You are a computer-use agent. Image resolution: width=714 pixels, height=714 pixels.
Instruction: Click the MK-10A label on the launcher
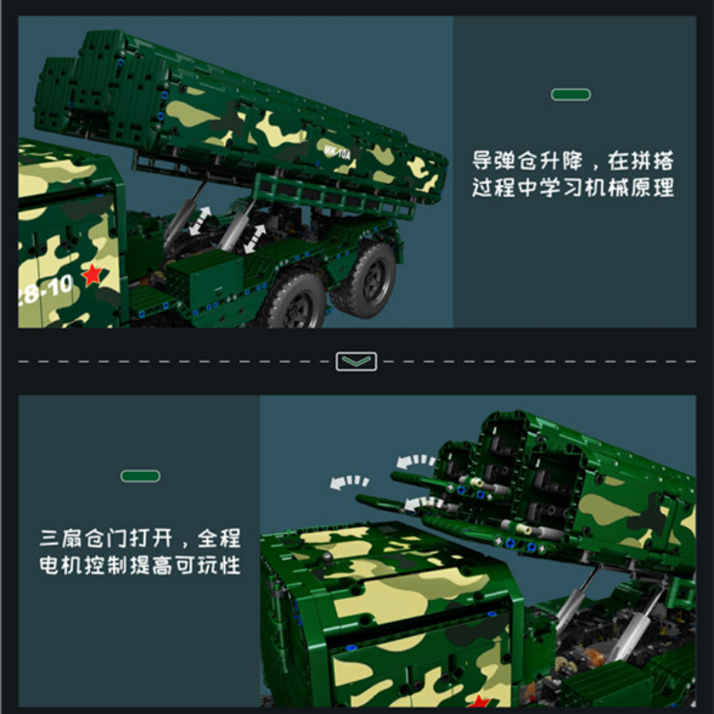click(337, 152)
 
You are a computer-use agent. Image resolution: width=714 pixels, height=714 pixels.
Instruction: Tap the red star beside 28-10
click(93, 275)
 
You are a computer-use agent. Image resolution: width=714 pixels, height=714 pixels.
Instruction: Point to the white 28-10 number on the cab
click(44, 289)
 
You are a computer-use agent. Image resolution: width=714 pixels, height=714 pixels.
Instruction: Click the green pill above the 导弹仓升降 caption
click(570, 95)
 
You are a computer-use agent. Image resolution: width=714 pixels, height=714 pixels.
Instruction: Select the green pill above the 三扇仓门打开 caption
click(140, 476)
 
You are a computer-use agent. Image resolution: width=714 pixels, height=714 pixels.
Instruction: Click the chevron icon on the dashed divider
click(356, 361)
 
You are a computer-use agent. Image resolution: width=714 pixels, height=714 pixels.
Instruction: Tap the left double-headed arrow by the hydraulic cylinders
click(200, 221)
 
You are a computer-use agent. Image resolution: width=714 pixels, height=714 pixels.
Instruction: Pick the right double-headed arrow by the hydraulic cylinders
click(255, 238)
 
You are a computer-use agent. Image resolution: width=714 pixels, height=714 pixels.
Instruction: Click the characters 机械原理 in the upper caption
click(629, 187)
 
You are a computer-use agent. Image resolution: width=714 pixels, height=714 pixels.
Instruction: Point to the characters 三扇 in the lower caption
click(60, 538)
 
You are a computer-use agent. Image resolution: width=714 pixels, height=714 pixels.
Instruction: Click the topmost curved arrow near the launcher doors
click(416, 461)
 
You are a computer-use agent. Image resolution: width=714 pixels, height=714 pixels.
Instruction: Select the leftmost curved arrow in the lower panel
click(349, 482)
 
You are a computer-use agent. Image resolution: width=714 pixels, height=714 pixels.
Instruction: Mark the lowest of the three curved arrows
click(423, 503)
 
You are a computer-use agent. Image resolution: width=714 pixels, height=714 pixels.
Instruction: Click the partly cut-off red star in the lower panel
click(478, 702)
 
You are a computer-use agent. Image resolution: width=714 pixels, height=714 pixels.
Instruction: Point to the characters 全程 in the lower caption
click(219, 538)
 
